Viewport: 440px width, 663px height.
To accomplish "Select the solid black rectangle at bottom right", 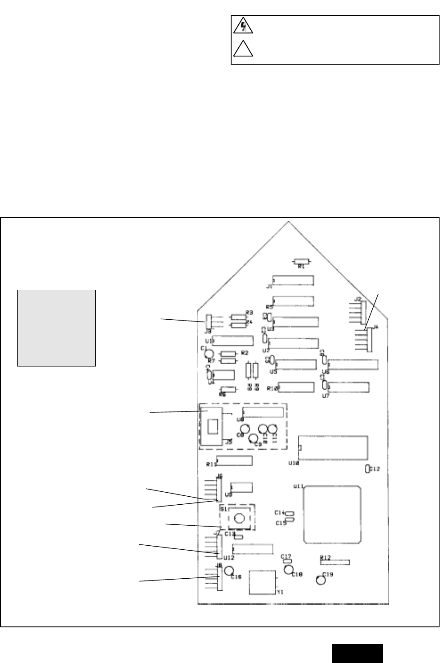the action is coord(357,653).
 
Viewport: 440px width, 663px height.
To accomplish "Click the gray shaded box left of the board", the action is coord(57,328).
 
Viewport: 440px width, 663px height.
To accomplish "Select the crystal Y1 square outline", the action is coord(262,582).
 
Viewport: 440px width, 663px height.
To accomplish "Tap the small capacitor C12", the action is coord(367,469).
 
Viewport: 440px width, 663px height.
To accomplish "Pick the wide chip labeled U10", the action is coord(334,447).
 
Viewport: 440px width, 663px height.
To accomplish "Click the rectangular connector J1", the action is coord(293,280).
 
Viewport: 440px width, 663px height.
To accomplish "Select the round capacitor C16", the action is coord(229,571).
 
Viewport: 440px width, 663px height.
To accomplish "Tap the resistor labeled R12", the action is coord(335,562).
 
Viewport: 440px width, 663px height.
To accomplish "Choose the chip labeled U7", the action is coord(348,387).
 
